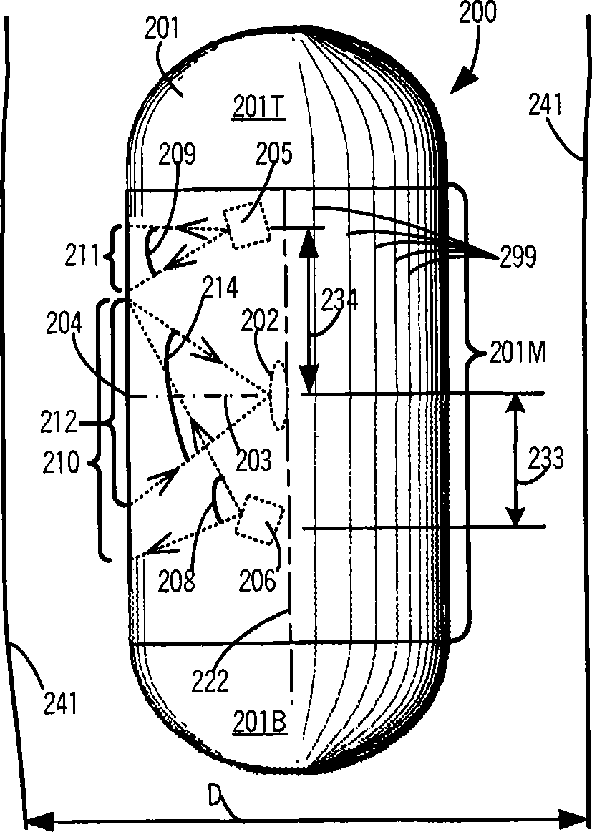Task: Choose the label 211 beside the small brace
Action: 80,255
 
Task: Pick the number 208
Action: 176,582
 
